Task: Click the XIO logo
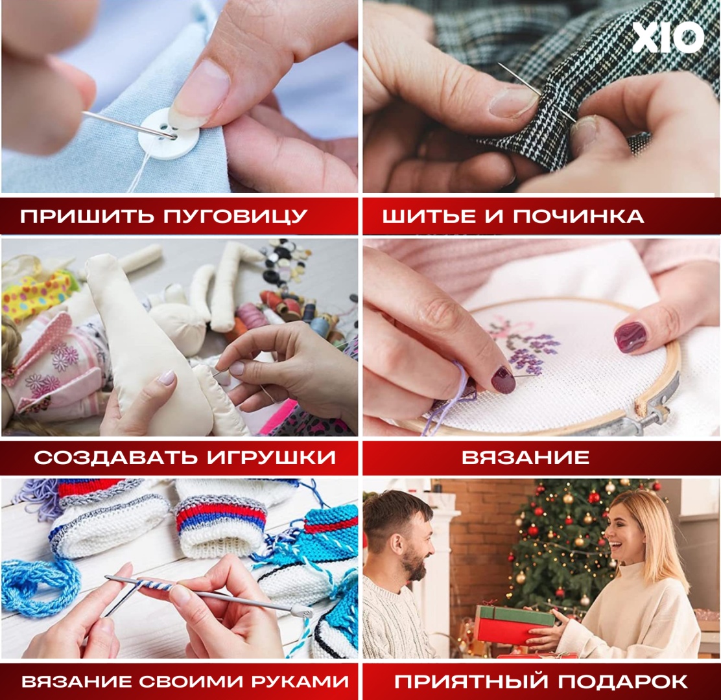pos(667,38)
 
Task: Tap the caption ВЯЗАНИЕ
pos(525,457)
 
